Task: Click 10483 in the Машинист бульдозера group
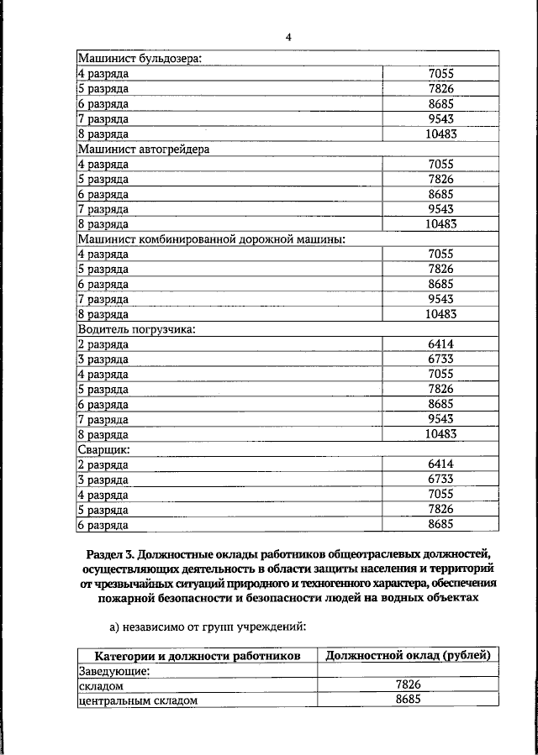(x=440, y=134)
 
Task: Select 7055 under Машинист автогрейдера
(x=440, y=165)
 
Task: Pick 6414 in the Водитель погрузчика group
(x=440, y=345)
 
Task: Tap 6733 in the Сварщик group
(x=440, y=480)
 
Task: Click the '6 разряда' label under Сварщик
(x=103, y=525)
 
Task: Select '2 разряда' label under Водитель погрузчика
(x=103, y=345)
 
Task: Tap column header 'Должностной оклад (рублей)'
(x=407, y=656)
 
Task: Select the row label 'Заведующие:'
(x=114, y=671)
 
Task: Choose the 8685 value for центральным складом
(x=407, y=700)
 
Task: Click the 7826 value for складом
(x=407, y=685)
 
